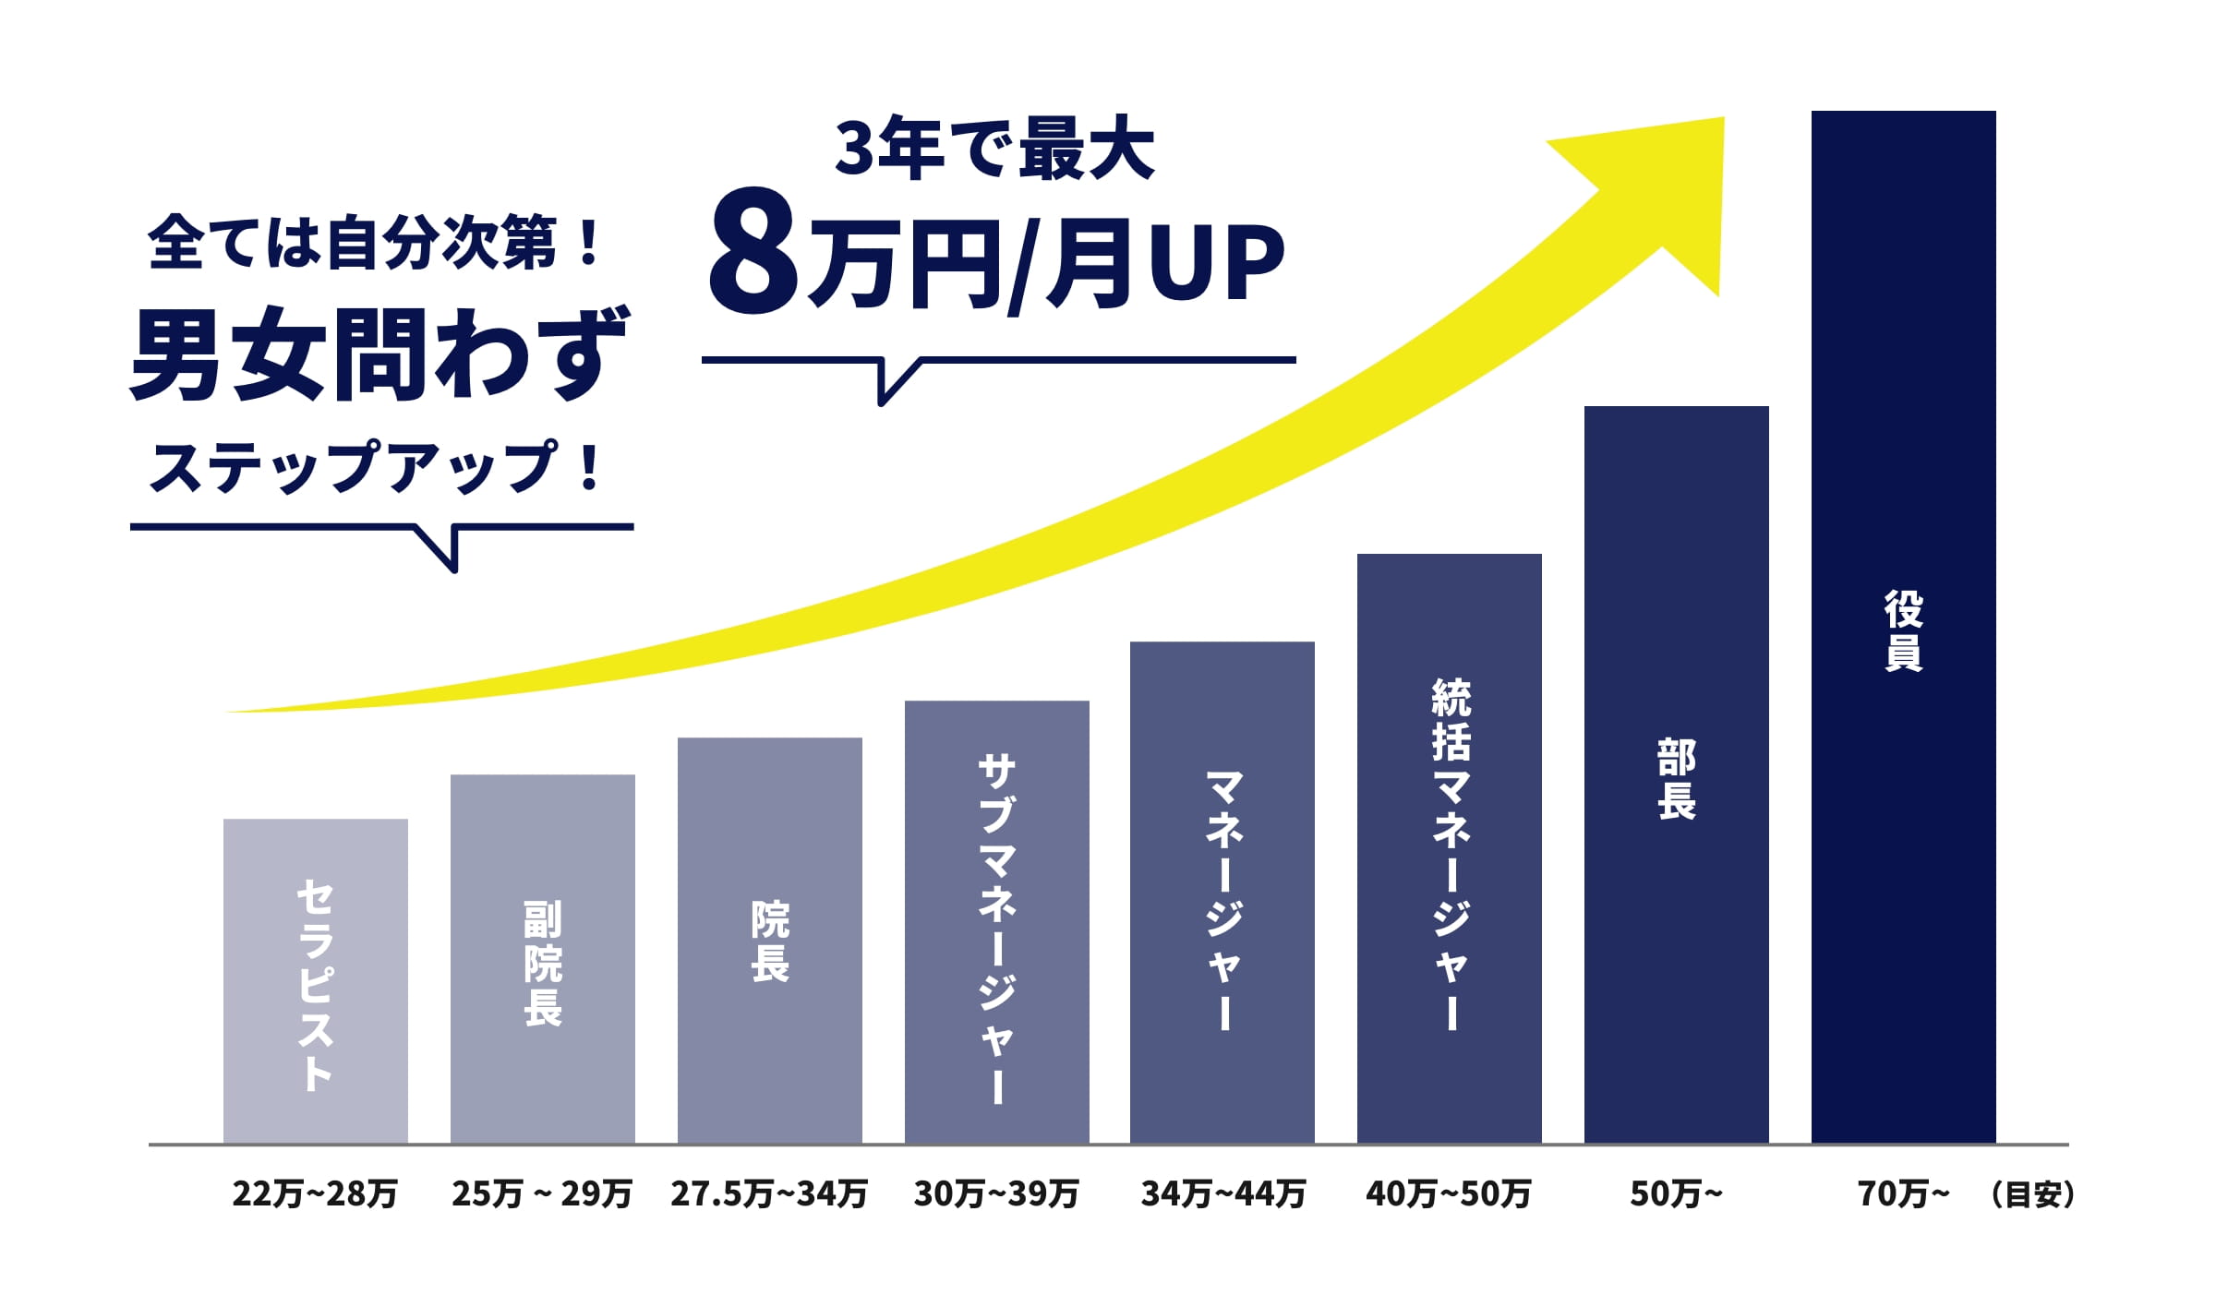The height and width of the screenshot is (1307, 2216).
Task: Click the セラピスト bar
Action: [316, 980]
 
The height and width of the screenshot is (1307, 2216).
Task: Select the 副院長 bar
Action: [543, 958]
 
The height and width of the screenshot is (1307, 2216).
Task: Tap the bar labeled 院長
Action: [770, 940]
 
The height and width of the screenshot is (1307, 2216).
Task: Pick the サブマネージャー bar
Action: [997, 921]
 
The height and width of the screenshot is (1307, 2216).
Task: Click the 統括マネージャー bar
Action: [1450, 847]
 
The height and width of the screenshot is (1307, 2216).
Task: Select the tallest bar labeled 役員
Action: [1904, 626]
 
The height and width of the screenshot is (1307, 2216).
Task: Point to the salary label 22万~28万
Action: [315, 1194]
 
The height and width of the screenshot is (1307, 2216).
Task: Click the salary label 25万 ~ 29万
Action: [542, 1194]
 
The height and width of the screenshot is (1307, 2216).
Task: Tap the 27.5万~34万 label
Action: [769, 1194]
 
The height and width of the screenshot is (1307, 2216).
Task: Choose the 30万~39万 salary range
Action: [996, 1194]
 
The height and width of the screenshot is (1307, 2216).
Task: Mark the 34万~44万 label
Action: [1223, 1194]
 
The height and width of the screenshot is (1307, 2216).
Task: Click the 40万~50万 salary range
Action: [1449, 1194]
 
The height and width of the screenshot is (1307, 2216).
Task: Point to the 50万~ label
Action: [1676, 1194]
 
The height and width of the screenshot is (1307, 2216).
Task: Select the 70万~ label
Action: [1903, 1194]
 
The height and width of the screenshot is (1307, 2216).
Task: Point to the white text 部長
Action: [1677, 779]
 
